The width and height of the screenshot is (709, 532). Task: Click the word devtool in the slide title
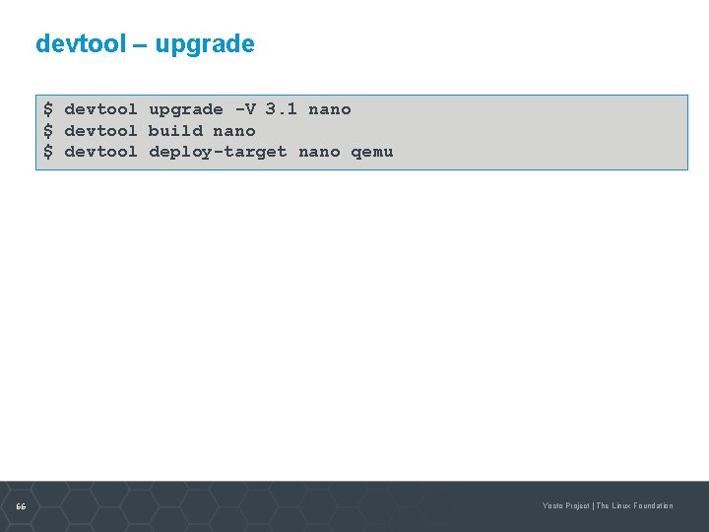pyautogui.click(x=78, y=44)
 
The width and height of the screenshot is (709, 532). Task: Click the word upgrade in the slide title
pyautogui.click(x=205, y=45)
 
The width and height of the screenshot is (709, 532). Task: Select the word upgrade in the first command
pyautogui.click(x=186, y=109)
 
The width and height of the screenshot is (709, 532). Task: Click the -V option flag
pyautogui.click(x=244, y=109)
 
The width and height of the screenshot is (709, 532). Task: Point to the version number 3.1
pyautogui.click(x=281, y=109)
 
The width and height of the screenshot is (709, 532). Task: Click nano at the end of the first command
pyautogui.click(x=330, y=109)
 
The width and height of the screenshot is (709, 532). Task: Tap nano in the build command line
pyautogui.click(x=234, y=131)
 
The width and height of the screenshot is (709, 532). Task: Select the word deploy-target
pyautogui.click(x=218, y=152)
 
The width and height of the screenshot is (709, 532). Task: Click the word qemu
pyautogui.click(x=372, y=152)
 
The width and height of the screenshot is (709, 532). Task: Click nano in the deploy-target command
pyautogui.click(x=319, y=152)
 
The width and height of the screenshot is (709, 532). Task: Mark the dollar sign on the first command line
pyautogui.click(x=48, y=109)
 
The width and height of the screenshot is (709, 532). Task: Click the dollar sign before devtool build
pyautogui.click(x=48, y=131)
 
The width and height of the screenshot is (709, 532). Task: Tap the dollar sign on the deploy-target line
pyautogui.click(x=48, y=152)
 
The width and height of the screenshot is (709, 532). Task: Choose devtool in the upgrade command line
pyautogui.click(x=100, y=109)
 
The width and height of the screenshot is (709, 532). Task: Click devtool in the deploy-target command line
pyautogui.click(x=100, y=152)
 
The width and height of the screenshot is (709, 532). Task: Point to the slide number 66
pyautogui.click(x=21, y=506)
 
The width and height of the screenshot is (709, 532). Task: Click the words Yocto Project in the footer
pyautogui.click(x=565, y=506)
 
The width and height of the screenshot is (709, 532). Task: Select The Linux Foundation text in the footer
pyautogui.click(x=635, y=506)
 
